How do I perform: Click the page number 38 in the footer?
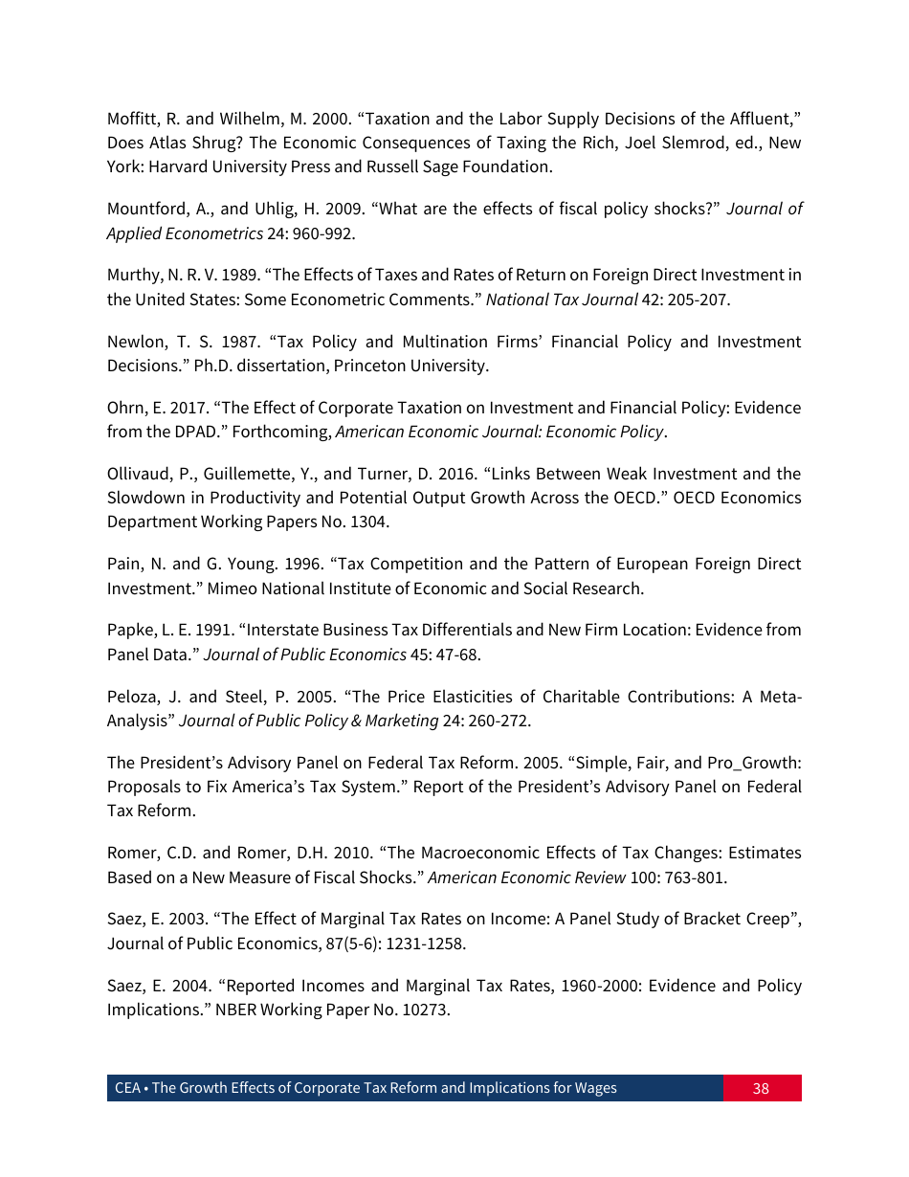(761, 1088)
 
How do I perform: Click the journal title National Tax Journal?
(562, 300)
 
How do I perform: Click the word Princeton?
(369, 366)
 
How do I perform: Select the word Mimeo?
(226, 588)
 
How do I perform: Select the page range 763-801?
(697, 877)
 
